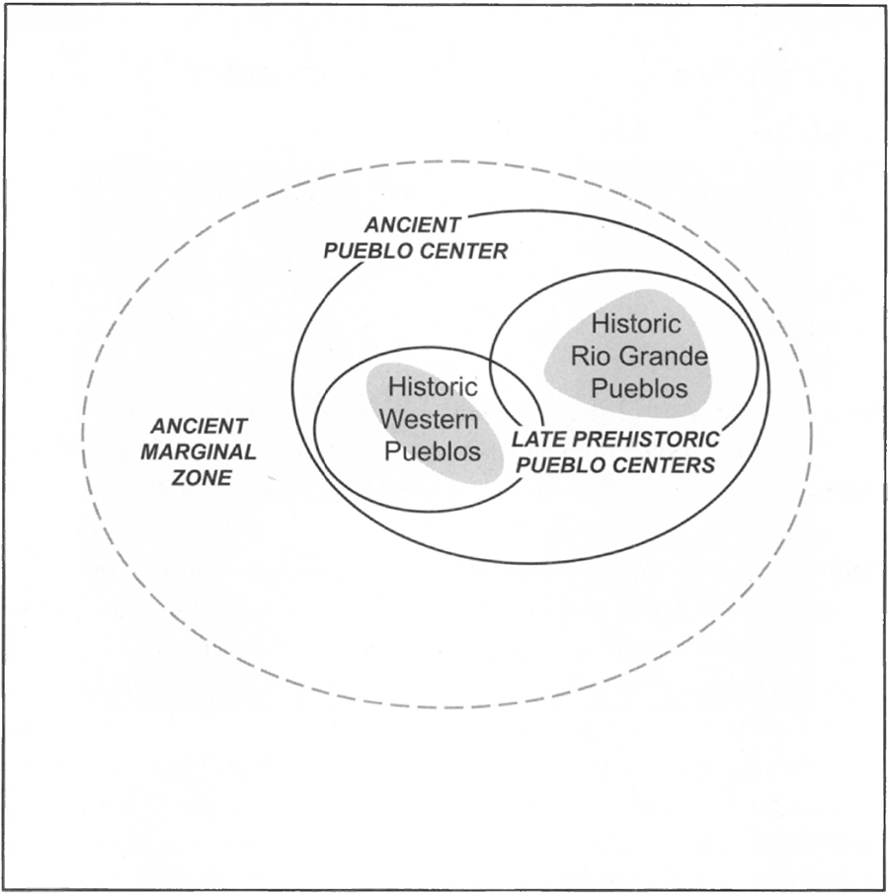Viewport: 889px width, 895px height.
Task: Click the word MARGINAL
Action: pyautogui.click(x=199, y=452)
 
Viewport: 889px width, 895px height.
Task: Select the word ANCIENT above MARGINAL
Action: pyautogui.click(x=199, y=427)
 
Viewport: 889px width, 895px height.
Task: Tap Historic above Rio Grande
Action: pyautogui.click(x=636, y=323)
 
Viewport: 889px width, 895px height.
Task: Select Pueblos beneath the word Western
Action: pyautogui.click(x=432, y=451)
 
